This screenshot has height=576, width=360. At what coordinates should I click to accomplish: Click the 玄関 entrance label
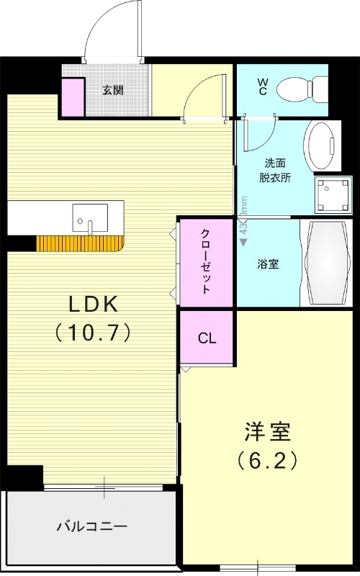[x=112, y=90]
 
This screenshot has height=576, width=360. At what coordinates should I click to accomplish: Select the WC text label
[x=263, y=88]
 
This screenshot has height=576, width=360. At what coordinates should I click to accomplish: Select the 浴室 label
[x=268, y=264]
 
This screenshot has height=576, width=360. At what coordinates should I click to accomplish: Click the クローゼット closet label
[x=206, y=262]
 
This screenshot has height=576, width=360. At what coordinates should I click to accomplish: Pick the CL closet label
[x=207, y=337]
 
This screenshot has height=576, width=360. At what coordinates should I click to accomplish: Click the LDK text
[x=92, y=305]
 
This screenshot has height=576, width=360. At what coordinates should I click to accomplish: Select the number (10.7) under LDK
[x=92, y=332]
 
